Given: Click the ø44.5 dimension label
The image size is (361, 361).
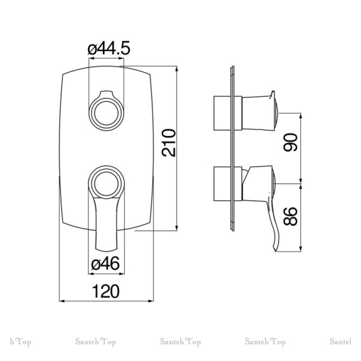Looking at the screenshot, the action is pyautogui.click(x=109, y=48).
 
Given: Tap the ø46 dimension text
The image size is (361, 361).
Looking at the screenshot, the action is pyautogui.click(x=105, y=264).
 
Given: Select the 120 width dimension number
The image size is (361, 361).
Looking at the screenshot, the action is pyautogui.click(x=106, y=291).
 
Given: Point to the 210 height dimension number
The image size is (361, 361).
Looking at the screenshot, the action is pyautogui.click(x=168, y=143).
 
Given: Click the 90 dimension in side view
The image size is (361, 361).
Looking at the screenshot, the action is pyautogui.click(x=291, y=142).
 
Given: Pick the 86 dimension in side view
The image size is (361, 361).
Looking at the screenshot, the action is pyautogui.click(x=291, y=216).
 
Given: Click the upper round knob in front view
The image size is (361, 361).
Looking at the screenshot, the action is pyautogui.click(x=106, y=113).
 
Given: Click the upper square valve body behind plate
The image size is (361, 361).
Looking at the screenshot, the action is pyautogui.click(x=222, y=113).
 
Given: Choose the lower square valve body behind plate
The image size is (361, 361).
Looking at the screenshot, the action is pyautogui.click(x=222, y=184).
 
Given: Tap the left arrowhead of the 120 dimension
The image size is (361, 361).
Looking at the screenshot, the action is pyautogui.click(x=61, y=301).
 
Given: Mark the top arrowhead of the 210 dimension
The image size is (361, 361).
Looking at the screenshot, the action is pyautogui.click(x=176, y=69).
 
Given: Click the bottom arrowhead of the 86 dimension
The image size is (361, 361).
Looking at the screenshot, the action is pyautogui.click(x=300, y=249).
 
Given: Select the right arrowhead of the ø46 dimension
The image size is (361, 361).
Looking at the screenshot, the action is pyautogui.click(x=122, y=274).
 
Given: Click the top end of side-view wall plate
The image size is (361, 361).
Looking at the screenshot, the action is pyautogui.click(x=232, y=67).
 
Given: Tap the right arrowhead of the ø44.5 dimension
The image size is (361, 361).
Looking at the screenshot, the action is pyautogui.click(x=122, y=58).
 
